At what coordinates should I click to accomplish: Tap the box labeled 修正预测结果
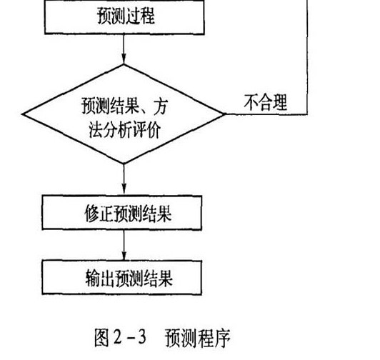coord(125,213)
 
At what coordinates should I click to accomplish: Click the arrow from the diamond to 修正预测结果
coord(125,179)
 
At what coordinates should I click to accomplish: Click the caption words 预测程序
coord(196,336)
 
